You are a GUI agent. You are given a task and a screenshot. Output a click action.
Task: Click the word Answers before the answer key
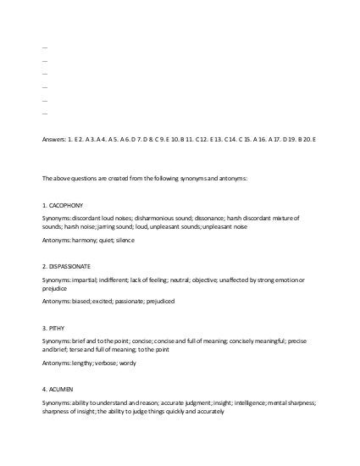click(x=53, y=138)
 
